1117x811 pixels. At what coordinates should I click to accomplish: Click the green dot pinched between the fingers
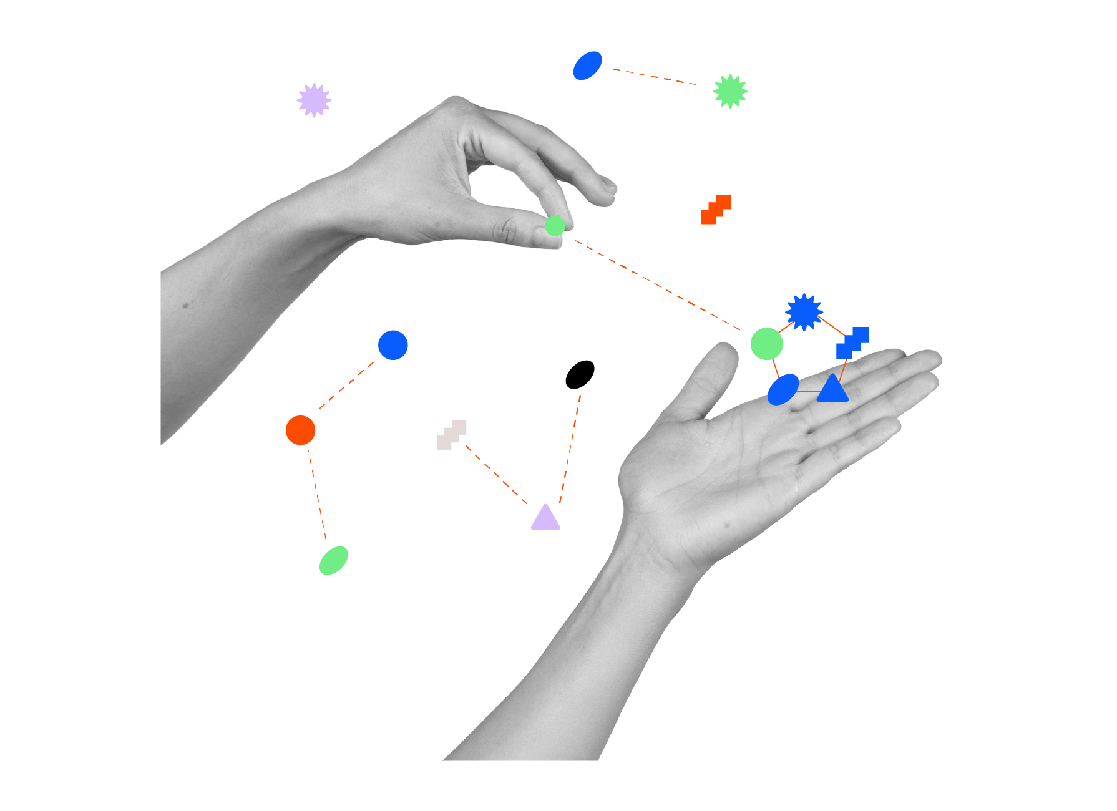pyautogui.click(x=554, y=225)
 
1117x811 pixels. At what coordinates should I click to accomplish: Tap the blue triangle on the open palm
pyautogui.click(x=832, y=390)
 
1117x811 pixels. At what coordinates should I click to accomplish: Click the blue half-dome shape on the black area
pyautogui.click(x=590, y=68)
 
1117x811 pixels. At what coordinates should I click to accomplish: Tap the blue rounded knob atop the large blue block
pyautogui.click(x=393, y=345)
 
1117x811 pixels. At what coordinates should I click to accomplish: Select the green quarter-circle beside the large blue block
pyautogui.click(x=341, y=561)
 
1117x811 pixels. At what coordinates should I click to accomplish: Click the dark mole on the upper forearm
pyautogui.click(x=185, y=306)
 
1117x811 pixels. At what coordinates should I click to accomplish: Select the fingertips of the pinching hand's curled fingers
pyautogui.click(x=604, y=190)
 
